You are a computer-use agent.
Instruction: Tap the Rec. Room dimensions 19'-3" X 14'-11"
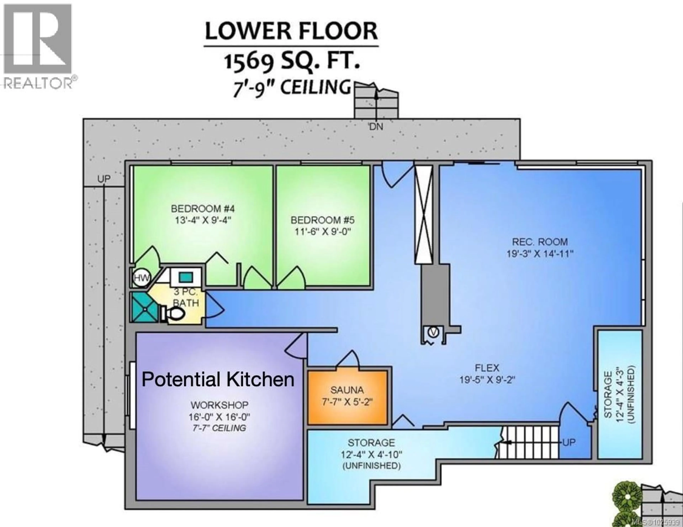click(540, 254)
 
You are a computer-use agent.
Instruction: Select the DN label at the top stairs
click(376, 127)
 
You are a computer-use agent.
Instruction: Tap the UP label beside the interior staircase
click(568, 442)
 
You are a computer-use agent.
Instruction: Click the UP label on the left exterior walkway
click(104, 179)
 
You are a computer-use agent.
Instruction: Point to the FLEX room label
click(487, 368)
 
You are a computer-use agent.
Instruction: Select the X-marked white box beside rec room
click(423, 215)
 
